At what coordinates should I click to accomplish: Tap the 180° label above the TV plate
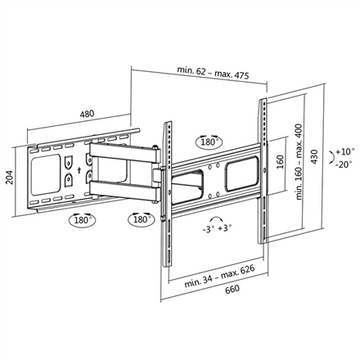pyautogui.click(x=208, y=143)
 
